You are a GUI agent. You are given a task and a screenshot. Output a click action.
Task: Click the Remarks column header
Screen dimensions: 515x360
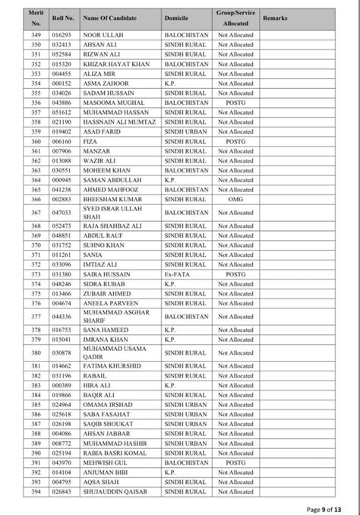[x=274, y=15]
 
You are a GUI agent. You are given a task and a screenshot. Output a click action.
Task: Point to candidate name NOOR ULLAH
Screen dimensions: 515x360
[x=101, y=35]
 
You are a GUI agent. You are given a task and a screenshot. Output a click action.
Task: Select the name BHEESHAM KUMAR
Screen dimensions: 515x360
[x=110, y=199]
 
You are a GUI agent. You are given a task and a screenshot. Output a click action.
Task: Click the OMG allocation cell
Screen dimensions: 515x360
[x=235, y=199]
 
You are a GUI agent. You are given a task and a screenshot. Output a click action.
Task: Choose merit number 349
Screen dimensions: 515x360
[x=35, y=35]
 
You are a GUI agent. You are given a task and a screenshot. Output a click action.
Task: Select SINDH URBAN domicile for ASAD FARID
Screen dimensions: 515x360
[x=185, y=131]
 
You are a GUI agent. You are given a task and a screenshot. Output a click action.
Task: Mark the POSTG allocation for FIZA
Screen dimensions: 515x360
[x=235, y=141]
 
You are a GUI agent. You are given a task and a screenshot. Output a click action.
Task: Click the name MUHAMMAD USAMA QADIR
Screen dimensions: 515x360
[x=114, y=352]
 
